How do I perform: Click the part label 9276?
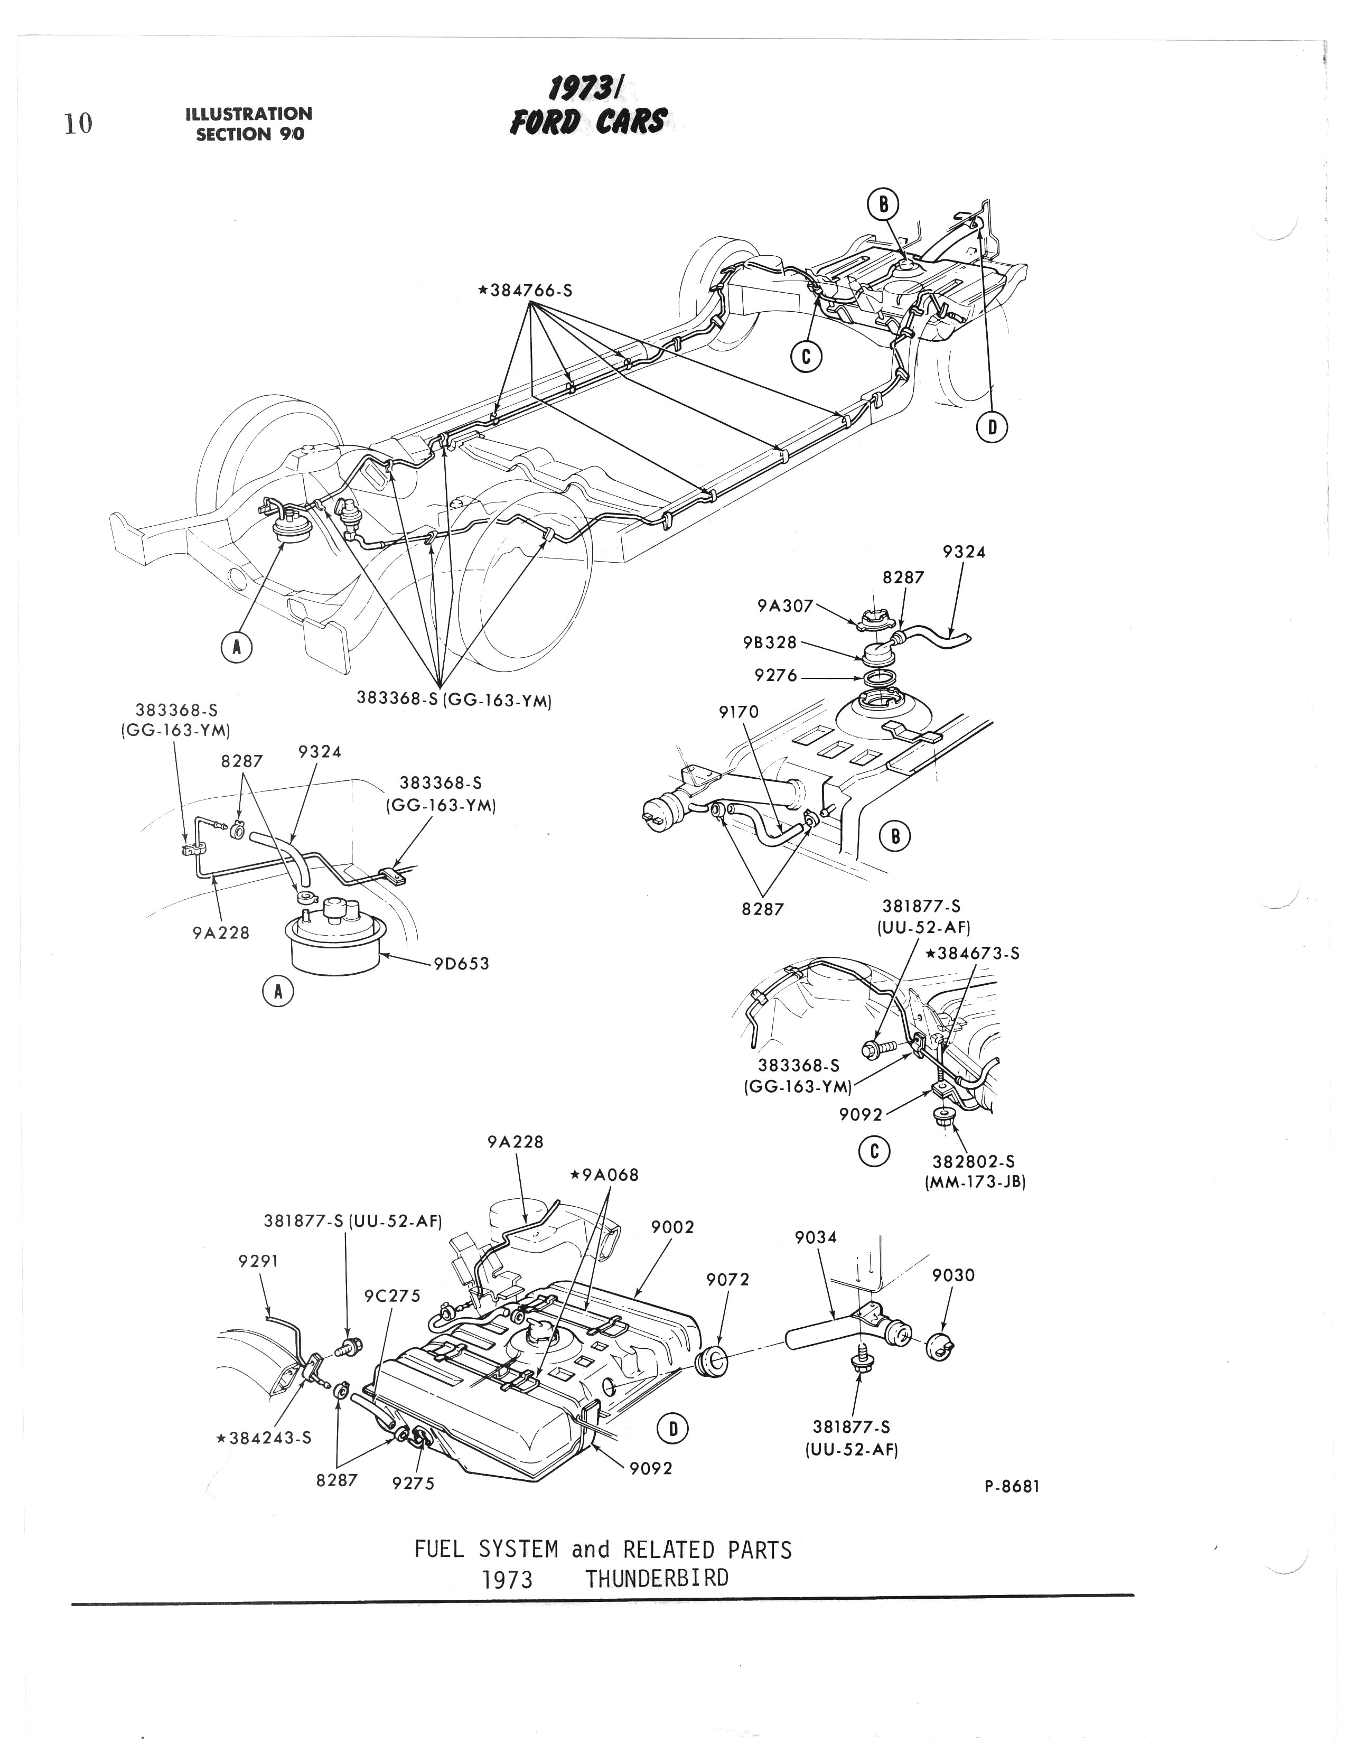[x=775, y=675]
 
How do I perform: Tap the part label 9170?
[x=739, y=712]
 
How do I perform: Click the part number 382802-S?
[x=974, y=1161]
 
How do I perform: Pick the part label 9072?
[x=727, y=1280]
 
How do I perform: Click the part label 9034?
[x=816, y=1237]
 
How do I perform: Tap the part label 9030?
[x=954, y=1275]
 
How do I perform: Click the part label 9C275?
[x=392, y=1295]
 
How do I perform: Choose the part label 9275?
[x=414, y=1483]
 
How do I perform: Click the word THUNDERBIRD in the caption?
[x=656, y=1579]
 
